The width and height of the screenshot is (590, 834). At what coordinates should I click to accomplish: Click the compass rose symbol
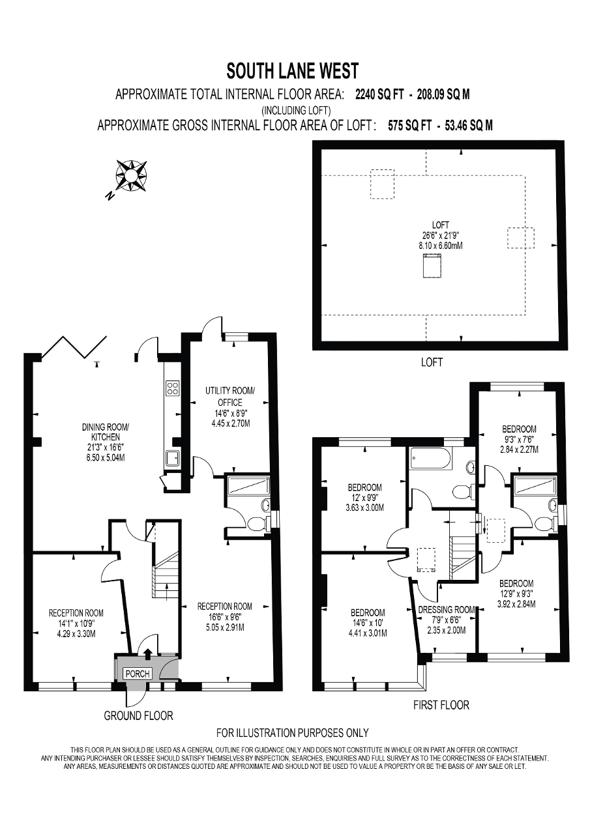coord(130,175)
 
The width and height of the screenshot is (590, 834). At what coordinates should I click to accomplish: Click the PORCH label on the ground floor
coord(138,673)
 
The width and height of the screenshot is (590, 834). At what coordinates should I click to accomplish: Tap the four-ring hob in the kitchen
coord(173,389)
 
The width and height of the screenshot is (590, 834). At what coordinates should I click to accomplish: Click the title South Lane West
coord(293,70)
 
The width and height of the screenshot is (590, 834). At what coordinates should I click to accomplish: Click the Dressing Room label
coord(446,611)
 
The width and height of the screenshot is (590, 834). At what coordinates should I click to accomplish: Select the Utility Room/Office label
coord(230,396)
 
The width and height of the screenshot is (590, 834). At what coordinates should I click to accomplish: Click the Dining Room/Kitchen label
coord(106,432)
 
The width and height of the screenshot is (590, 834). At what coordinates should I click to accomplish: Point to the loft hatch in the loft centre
coord(430,267)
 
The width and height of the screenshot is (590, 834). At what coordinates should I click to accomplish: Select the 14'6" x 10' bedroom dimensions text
coord(368,623)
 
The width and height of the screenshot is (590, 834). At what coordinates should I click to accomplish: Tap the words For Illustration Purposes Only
coord(293,733)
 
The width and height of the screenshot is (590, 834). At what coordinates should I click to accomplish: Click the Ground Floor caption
coord(139,715)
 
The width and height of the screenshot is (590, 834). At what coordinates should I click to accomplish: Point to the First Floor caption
coord(441,705)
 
